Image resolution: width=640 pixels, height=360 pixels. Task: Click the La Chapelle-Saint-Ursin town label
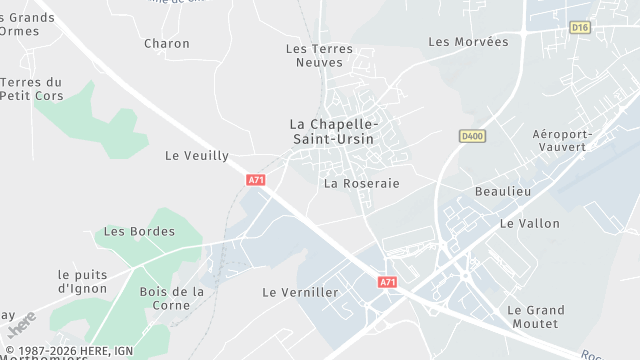[x=331, y=131]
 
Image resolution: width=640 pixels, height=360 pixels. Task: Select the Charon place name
[x=166, y=43]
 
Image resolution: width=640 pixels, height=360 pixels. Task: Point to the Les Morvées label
[x=468, y=42]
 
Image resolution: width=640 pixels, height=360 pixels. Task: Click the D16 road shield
[x=580, y=28]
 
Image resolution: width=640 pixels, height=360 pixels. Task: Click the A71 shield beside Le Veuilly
[x=256, y=180]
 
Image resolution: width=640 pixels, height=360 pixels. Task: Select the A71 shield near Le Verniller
[x=387, y=282]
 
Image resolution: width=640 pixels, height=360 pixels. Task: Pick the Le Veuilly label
[x=196, y=156]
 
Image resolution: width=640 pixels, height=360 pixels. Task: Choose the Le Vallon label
[x=529, y=223]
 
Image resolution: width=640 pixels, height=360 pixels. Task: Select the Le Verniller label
[x=300, y=293]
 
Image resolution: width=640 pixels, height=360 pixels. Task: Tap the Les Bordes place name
[x=139, y=231]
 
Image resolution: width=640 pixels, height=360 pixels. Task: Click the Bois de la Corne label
[x=172, y=299]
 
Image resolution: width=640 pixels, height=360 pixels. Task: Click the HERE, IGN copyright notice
[x=68, y=351]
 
